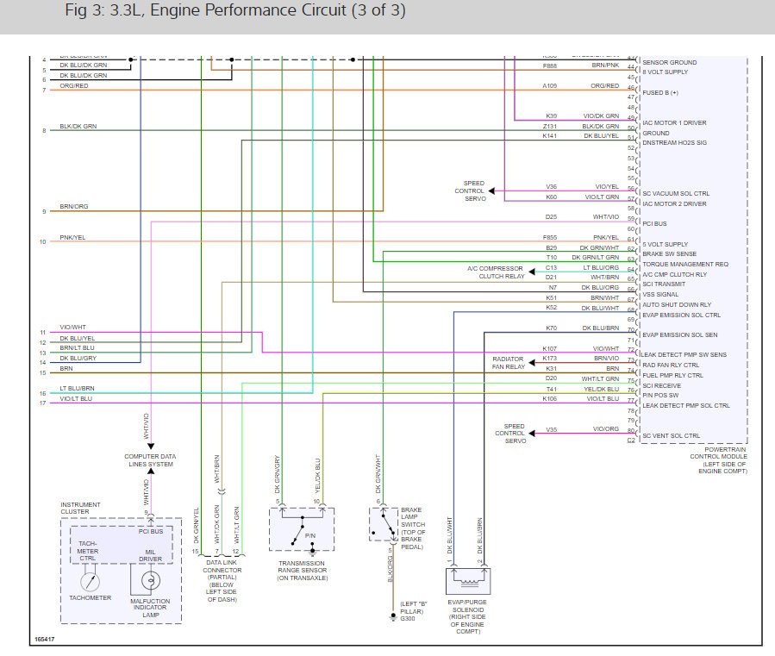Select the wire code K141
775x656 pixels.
(x=550, y=136)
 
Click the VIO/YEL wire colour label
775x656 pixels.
(x=606, y=187)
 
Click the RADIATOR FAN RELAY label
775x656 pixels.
(x=509, y=362)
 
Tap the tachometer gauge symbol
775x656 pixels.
(x=91, y=579)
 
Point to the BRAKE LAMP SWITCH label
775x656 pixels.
(x=411, y=528)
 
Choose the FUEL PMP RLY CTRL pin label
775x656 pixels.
(x=673, y=375)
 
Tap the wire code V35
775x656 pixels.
(x=551, y=429)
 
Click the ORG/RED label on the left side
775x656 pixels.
(x=74, y=86)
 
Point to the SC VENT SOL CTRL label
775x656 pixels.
(x=672, y=435)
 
